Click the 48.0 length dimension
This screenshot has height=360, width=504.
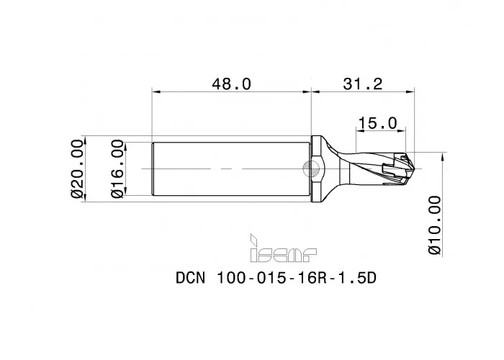coord(230,84)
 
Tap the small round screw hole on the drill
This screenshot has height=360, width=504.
coord(312,169)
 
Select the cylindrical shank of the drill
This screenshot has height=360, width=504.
coord(230,168)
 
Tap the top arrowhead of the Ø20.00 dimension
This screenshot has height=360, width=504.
coord(86,138)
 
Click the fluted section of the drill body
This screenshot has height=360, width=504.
coord(371,168)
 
